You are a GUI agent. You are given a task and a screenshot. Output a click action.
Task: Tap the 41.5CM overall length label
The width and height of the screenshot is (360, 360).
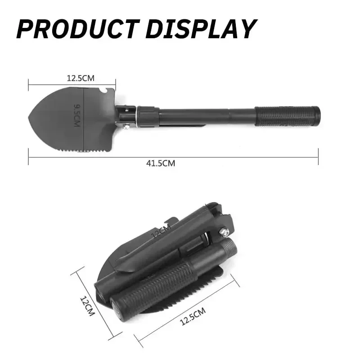[161, 163]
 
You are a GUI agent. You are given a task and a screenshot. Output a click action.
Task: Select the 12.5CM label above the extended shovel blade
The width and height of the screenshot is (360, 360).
[81, 78]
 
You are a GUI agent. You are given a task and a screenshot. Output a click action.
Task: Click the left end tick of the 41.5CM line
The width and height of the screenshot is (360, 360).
[28, 157]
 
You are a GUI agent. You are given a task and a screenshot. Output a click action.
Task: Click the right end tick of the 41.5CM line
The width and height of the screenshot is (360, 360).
[318, 157]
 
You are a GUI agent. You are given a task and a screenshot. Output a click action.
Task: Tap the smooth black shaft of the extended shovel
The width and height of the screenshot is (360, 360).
[207, 116]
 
